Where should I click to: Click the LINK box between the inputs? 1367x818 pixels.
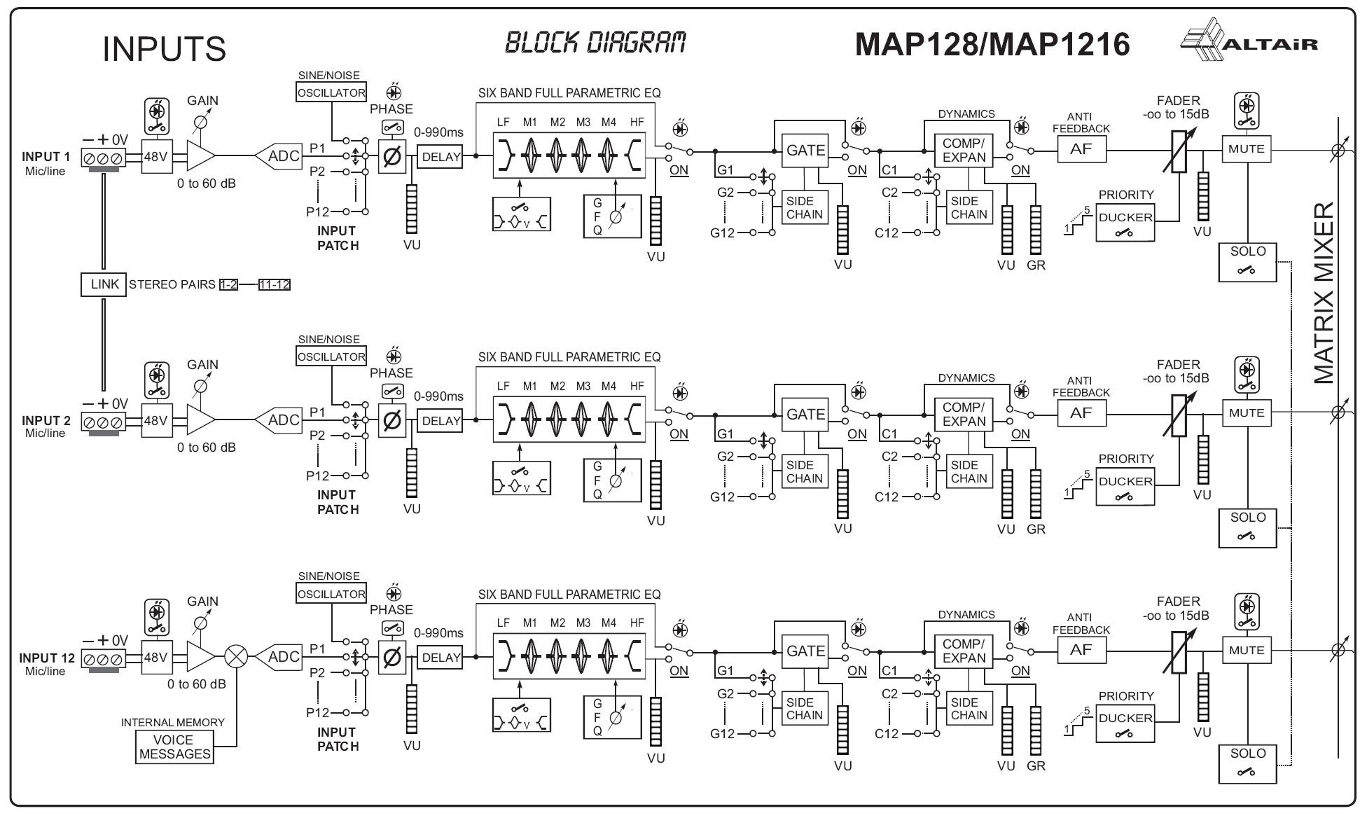pos(104,284)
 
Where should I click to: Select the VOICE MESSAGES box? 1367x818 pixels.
pos(174,747)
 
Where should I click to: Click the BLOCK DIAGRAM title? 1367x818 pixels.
pos(595,43)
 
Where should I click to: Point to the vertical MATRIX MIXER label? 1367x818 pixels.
pos(1324,293)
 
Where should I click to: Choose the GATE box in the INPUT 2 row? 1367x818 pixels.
pos(805,415)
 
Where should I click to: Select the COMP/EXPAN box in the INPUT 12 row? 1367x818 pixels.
pos(964,651)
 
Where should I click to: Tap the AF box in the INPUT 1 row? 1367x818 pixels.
pos(1081,149)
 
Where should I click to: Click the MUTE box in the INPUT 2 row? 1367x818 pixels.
pos(1247,413)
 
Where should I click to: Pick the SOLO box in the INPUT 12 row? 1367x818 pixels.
pos(1247,763)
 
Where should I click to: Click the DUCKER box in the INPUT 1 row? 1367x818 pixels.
pos(1125,223)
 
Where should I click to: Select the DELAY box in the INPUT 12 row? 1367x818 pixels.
pos(441,658)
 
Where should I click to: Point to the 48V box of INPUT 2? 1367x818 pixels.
pos(156,420)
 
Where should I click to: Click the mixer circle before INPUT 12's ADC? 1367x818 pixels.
pos(236,657)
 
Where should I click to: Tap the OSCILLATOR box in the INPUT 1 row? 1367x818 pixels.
pos(331,92)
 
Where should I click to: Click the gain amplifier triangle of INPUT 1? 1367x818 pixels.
pos(200,156)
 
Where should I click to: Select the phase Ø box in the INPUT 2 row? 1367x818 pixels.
pos(392,420)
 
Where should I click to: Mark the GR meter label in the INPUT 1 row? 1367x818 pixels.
pos(1036,265)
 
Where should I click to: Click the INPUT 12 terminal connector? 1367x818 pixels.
pos(104,659)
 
